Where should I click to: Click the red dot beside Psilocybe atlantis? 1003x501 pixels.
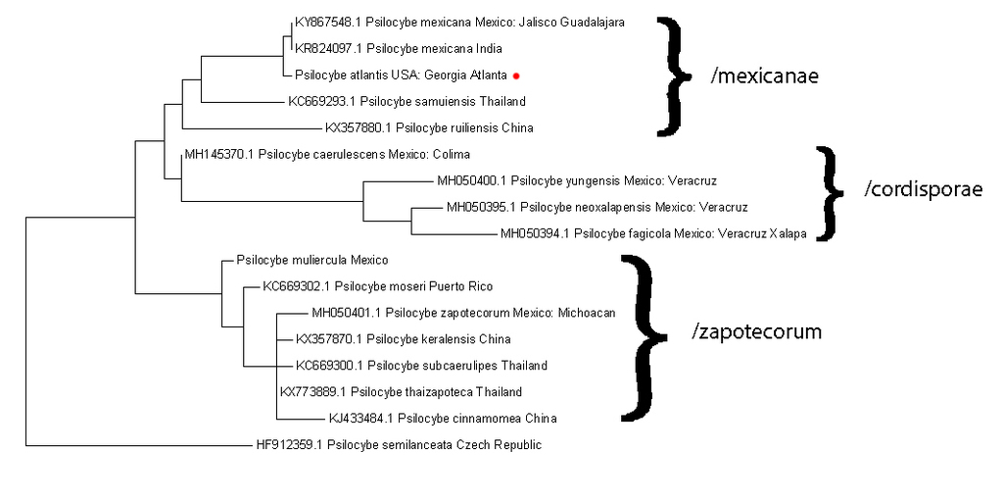click(515, 75)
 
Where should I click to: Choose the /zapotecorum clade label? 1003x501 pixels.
click(757, 331)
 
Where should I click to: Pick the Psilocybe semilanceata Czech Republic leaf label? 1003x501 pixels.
click(398, 445)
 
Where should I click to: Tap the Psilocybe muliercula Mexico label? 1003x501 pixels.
click(312, 261)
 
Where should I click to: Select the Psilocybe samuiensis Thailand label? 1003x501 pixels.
click(406, 101)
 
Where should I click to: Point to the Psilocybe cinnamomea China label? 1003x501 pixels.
click(443, 419)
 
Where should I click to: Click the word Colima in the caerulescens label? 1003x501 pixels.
click(452, 155)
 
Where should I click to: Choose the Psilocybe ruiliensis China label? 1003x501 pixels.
click(430, 127)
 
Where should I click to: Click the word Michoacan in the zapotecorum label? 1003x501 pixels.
click(586, 314)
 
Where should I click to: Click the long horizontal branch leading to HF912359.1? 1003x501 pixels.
click(137, 445)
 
